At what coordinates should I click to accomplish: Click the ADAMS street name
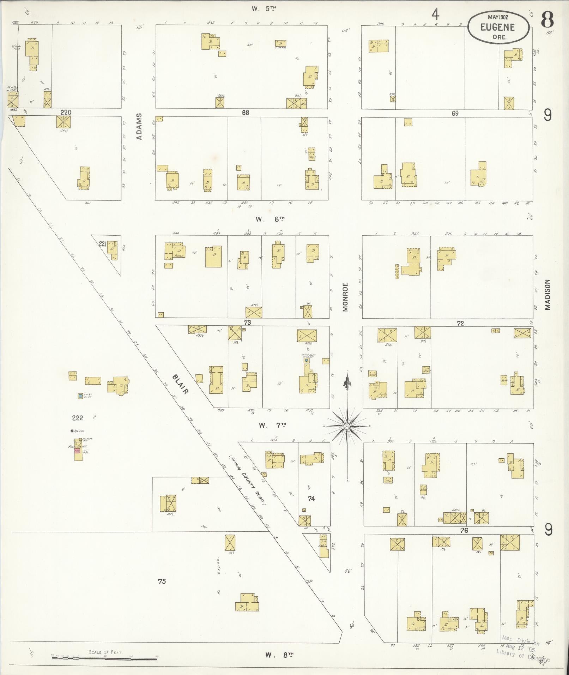coord(139,126)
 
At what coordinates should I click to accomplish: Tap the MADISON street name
coord(547,295)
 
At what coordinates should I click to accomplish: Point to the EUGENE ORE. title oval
coord(498,27)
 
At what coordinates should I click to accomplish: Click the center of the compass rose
coord(347,426)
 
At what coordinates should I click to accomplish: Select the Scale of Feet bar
coord(105,657)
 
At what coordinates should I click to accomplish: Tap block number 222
coord(77,418)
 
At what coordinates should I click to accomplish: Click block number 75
coord(162,581)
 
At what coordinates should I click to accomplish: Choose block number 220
coord(66,113)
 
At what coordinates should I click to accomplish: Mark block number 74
coord(311,499)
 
